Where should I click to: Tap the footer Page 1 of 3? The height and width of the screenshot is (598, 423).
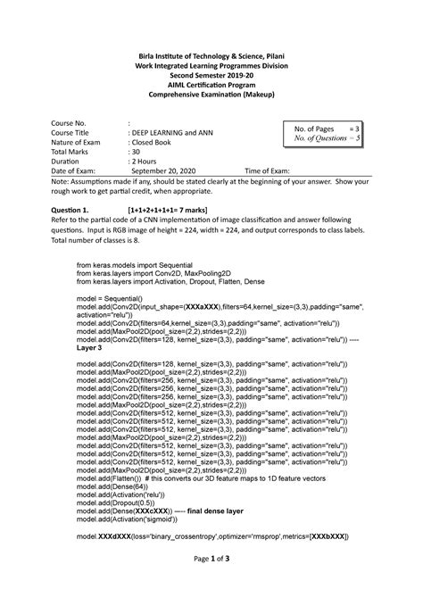211,581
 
